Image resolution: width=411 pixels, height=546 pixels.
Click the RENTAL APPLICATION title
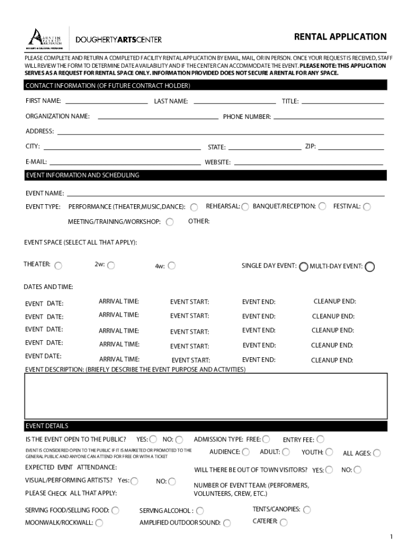click(340, 37)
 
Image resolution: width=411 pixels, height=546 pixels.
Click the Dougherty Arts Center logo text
click(118, 39)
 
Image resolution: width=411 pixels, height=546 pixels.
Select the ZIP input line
click(351, 146)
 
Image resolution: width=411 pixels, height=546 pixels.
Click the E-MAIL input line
click(125, 162)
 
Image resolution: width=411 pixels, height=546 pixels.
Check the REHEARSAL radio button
click(245, 207)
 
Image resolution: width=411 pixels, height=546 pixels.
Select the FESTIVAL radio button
click(367, 207)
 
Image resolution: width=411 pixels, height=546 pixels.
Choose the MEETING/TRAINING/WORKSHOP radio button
click(170, 222)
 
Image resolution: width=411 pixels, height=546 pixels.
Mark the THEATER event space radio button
click(58, 266)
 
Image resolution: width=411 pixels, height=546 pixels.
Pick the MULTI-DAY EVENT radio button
click(370, 267)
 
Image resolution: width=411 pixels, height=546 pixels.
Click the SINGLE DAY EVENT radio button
click(303, 266)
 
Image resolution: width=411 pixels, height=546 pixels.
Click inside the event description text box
click(205, 396)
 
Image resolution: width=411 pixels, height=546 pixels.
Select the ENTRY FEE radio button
click(320, 440)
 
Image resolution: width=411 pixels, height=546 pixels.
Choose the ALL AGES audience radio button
click(377, 453)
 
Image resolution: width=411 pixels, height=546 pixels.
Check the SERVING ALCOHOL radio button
click(200, 511)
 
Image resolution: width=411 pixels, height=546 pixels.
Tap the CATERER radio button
click(283, 522)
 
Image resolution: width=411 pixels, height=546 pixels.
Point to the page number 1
click(391, 536)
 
